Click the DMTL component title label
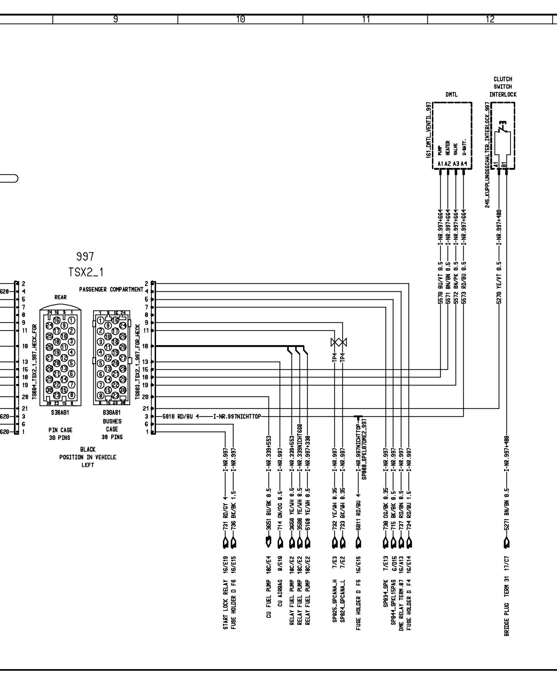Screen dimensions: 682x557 pyautogui.click(x=451, y=94)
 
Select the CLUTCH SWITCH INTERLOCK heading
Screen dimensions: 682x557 pyautogui.click(x=503, y=87)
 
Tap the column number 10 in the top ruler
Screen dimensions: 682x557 pyautogui.click(x=240, y=19)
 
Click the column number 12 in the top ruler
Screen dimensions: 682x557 pyautogui.click(x=490, y=19)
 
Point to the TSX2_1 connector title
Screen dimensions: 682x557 pyautogui.click(x=86, y=272)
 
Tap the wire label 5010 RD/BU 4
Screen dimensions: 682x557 pyautogui.click(x=180, y=416)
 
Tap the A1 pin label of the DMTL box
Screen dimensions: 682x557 pyautogui.click(x=440, y=164)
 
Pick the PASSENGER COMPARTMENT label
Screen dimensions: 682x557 pyautogui.click(x=111, y=290)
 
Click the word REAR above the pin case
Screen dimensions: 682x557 pyautogui.click(x=60, y=298)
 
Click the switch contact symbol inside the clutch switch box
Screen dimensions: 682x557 pyautogui.click(x=502, y=128)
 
